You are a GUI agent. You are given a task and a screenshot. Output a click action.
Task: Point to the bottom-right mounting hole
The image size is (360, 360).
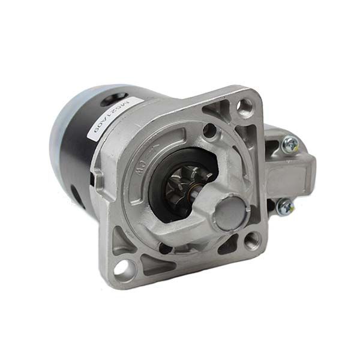pos(251,241)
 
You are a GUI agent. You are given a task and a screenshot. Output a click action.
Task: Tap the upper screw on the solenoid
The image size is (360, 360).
pos(291,144)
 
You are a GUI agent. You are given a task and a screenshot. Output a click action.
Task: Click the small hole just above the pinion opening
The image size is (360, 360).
pos(209,130)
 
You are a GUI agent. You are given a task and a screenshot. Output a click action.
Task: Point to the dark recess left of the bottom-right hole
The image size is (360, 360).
pos(228,245)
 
